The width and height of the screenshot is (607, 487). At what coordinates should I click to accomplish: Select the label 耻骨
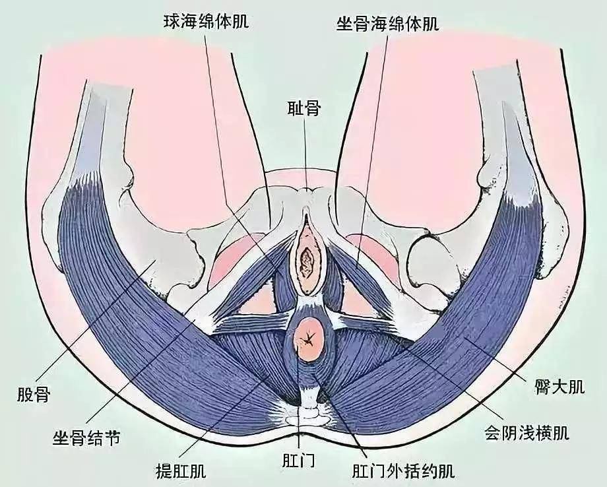pos(303,109)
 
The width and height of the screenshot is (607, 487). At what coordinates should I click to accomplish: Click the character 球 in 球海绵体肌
pos(172,22)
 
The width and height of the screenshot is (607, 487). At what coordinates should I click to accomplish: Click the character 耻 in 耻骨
pos(294,109)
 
